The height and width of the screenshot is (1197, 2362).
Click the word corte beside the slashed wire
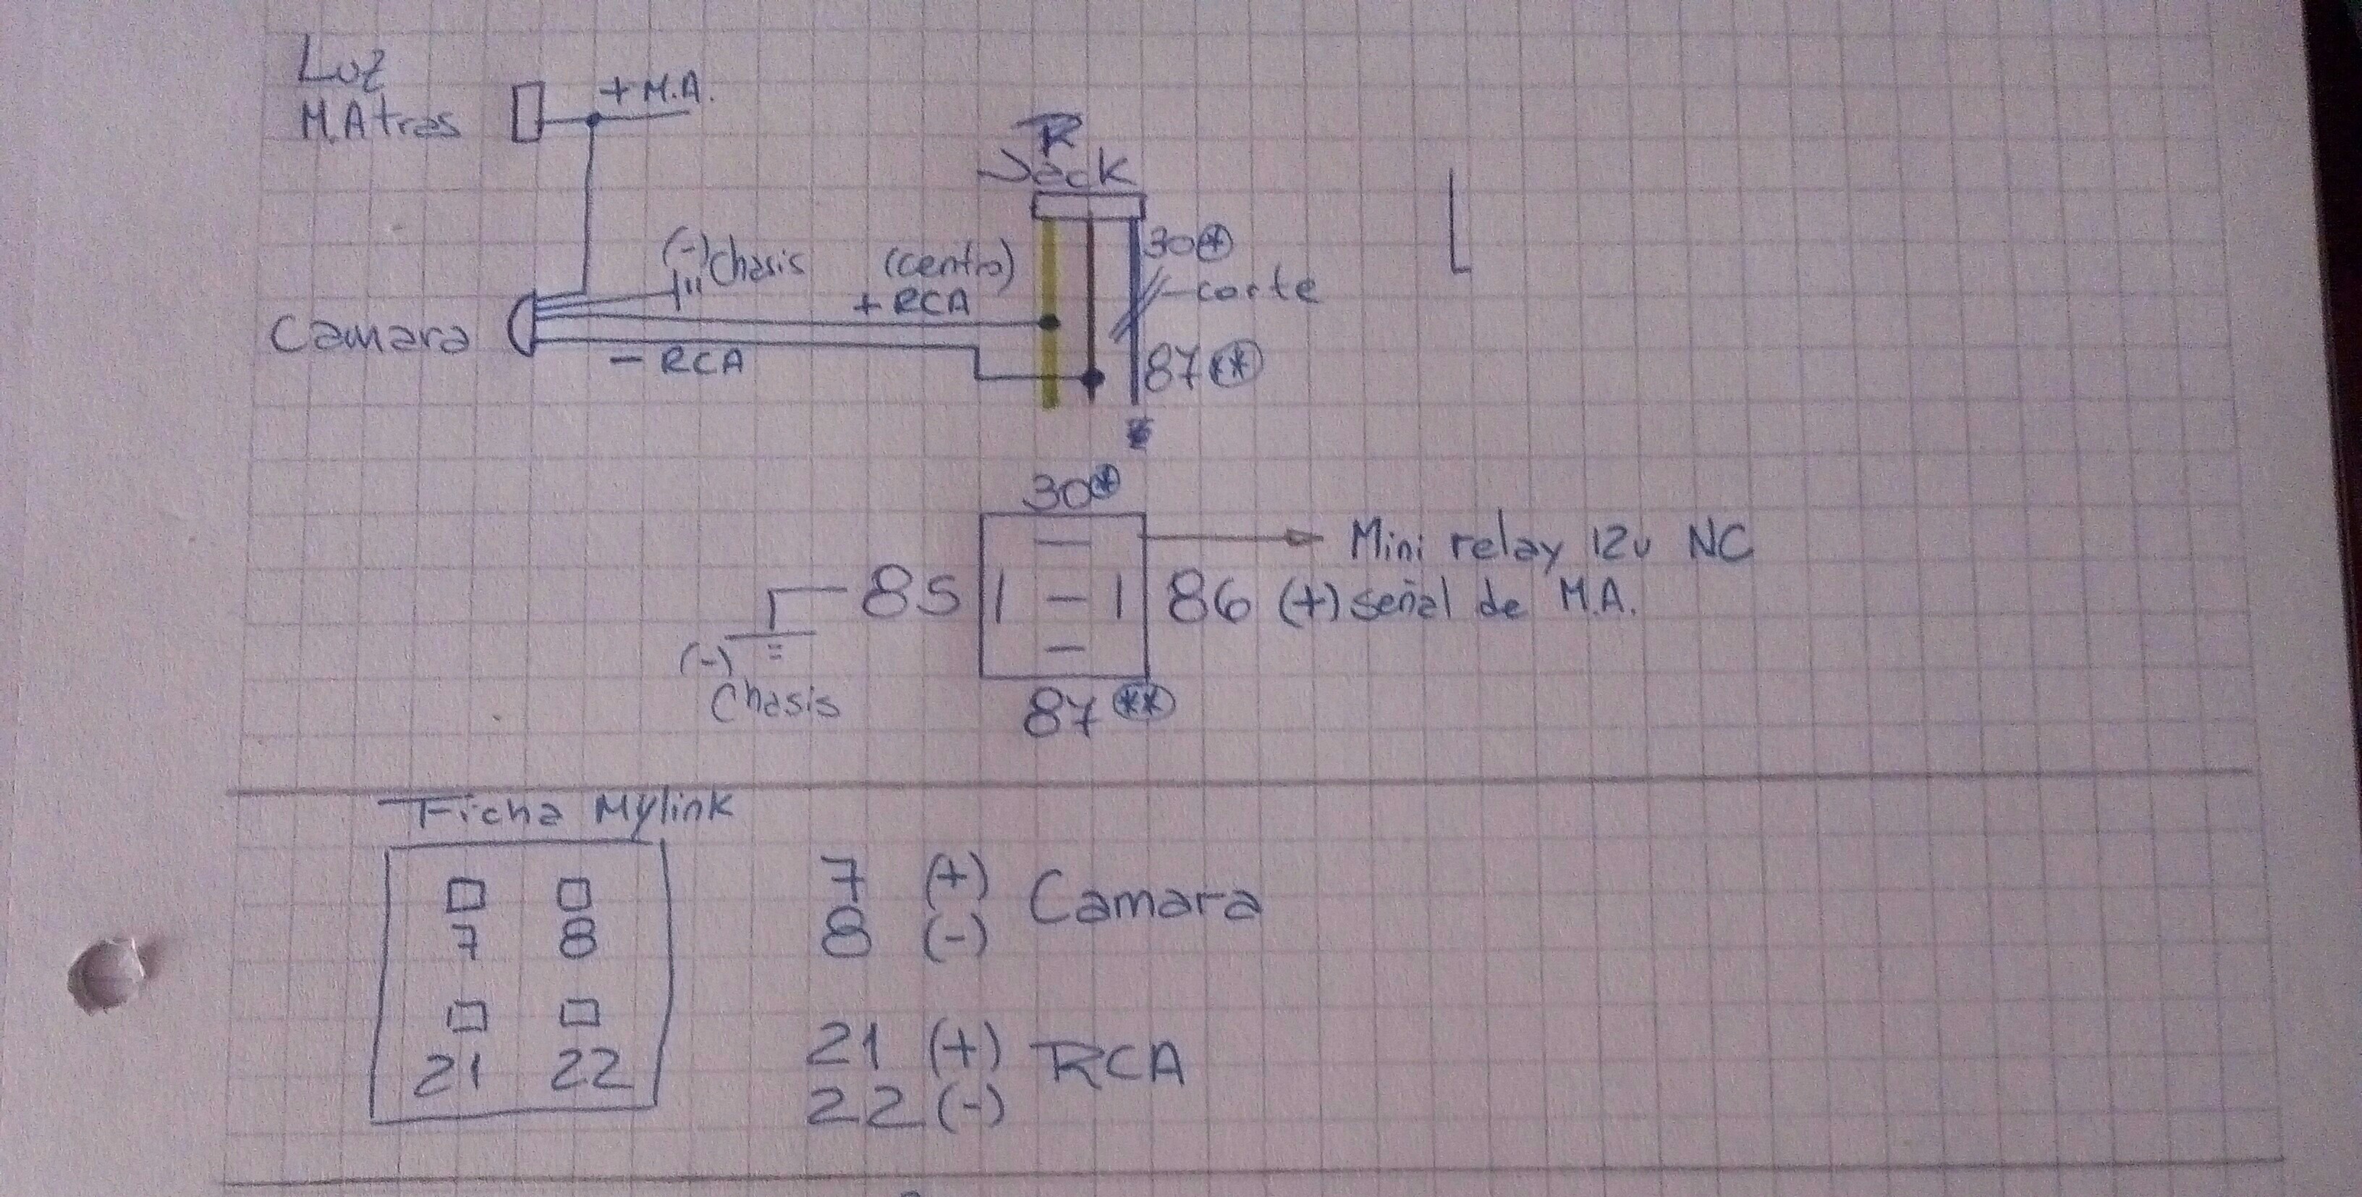point(1257,291)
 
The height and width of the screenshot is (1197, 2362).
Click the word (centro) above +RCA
point(948,265)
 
